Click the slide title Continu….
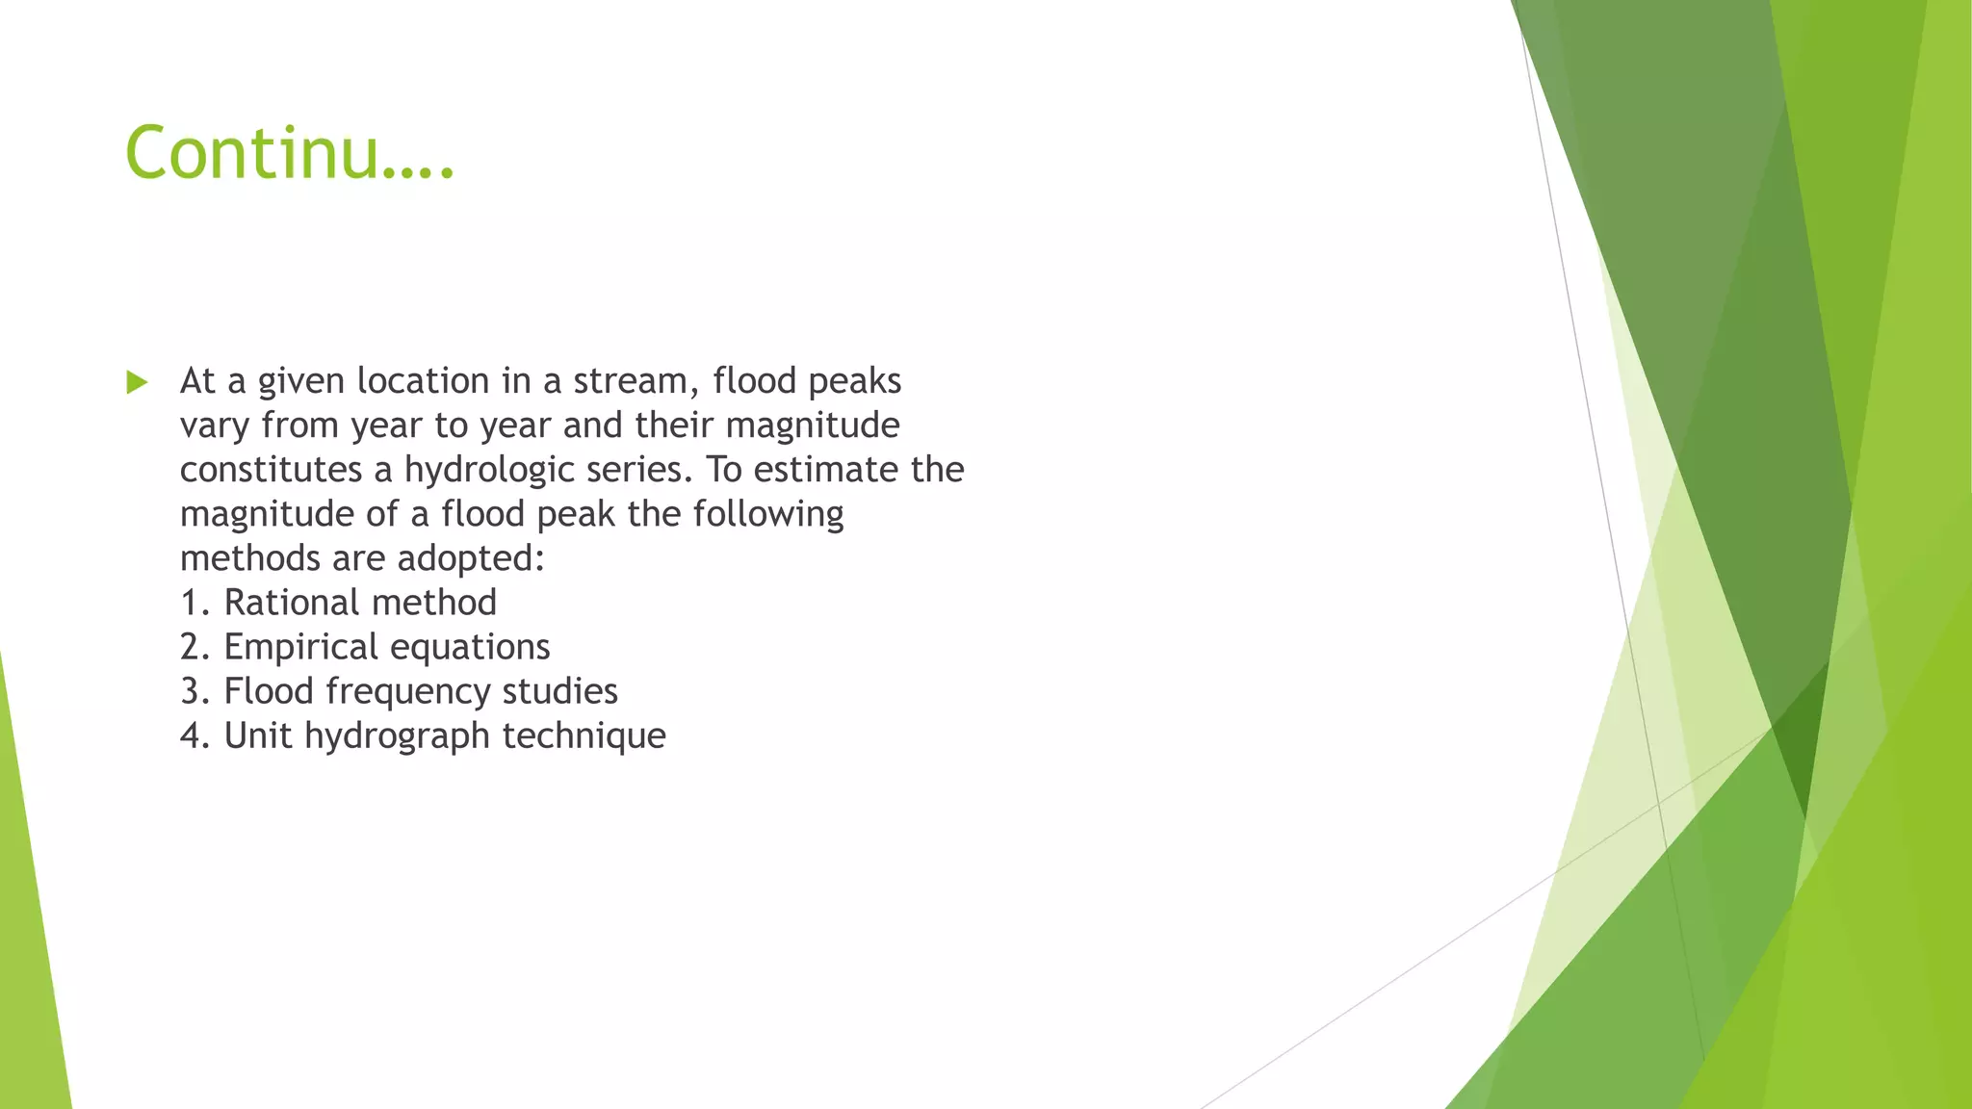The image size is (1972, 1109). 289,153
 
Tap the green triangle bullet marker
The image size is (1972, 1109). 138,383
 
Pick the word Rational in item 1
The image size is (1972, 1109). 292,603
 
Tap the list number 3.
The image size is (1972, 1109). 190,692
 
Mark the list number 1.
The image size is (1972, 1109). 190,604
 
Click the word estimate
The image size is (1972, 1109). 825,470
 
